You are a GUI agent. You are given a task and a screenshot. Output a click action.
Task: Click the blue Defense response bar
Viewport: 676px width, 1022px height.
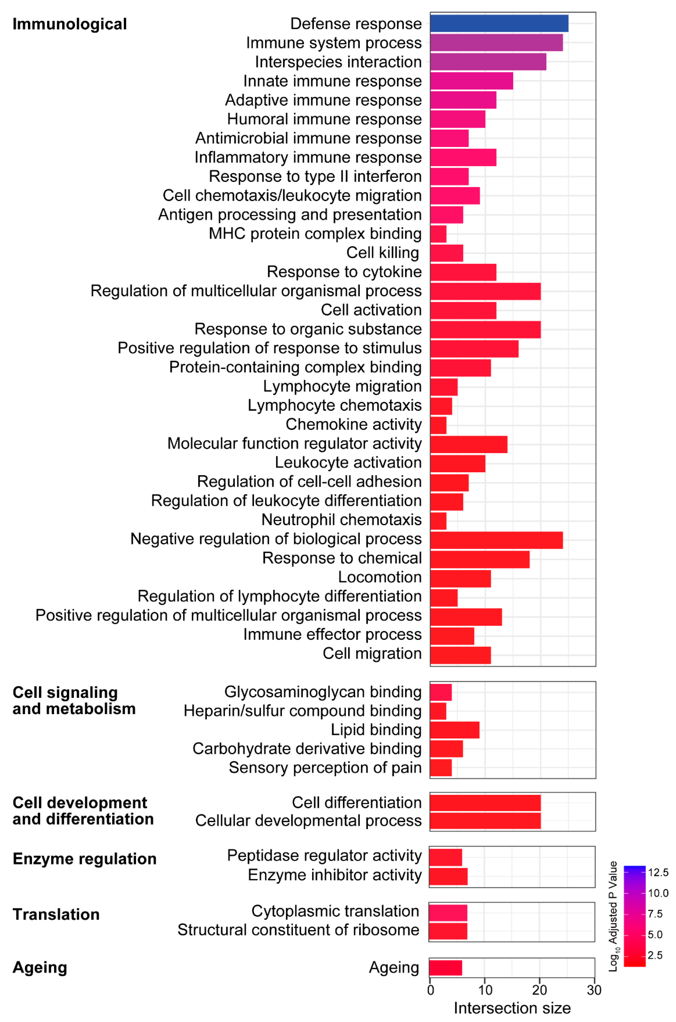(499, 23)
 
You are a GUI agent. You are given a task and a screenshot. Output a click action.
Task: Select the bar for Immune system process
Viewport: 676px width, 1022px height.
(496, 43)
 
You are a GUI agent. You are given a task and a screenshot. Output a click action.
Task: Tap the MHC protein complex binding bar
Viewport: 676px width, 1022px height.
(438, 234)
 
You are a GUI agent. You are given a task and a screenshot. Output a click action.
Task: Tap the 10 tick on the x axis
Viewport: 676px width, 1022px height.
(485, 990)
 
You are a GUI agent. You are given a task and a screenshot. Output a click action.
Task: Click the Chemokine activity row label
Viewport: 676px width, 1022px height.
(353, 425)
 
